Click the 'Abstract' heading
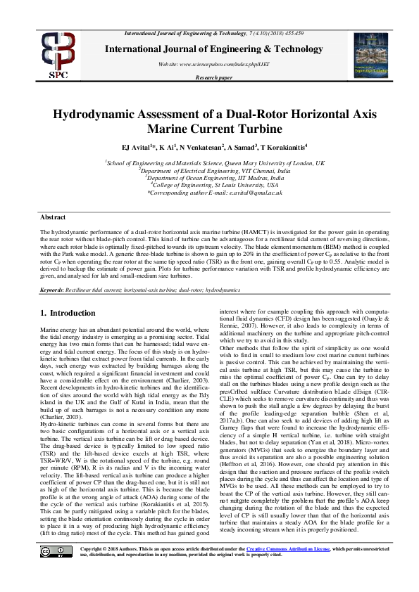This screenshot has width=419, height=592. (x=53, y=218)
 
